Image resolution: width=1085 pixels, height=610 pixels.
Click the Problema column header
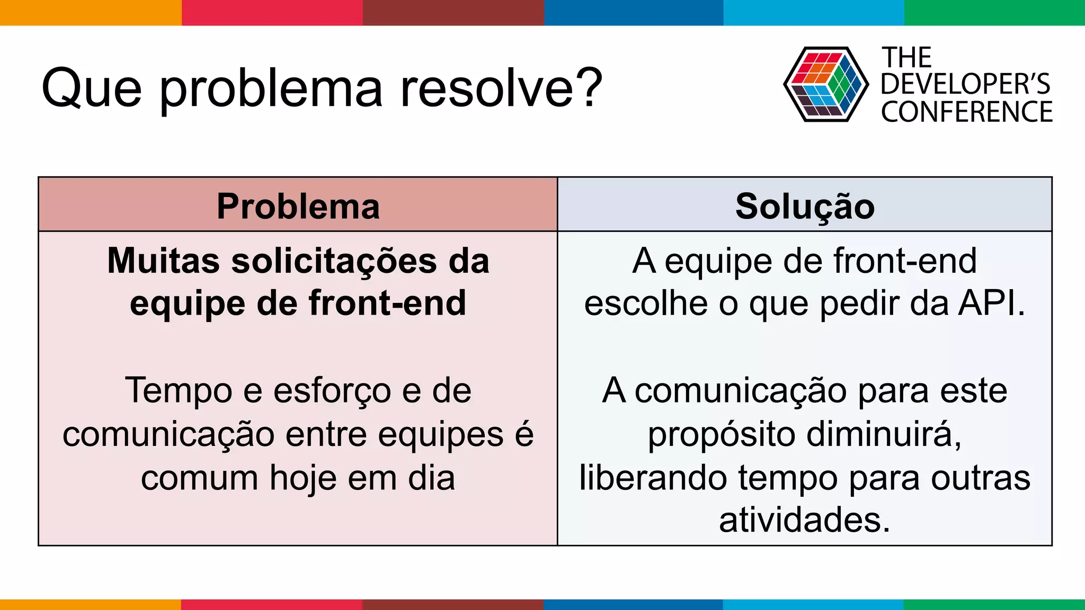[298, 206]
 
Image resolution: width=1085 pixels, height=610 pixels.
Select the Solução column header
[805, 206]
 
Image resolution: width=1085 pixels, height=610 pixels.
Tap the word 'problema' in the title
[271, 90]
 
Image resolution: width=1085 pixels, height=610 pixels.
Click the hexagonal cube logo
[825, 84]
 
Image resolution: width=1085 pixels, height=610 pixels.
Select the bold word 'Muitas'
[163, 261]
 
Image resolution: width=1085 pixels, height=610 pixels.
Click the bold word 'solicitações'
[334, 262]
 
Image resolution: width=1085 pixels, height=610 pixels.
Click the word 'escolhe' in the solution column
[646, 303]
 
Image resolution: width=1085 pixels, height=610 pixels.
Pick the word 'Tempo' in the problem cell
[179, 391]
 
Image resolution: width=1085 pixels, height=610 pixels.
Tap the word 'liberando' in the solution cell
[653, 478]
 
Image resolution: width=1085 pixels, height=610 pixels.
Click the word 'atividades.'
[804, 520]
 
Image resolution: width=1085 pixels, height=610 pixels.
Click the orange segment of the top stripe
[90, 12]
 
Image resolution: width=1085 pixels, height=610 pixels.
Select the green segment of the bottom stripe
[994, 604]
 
